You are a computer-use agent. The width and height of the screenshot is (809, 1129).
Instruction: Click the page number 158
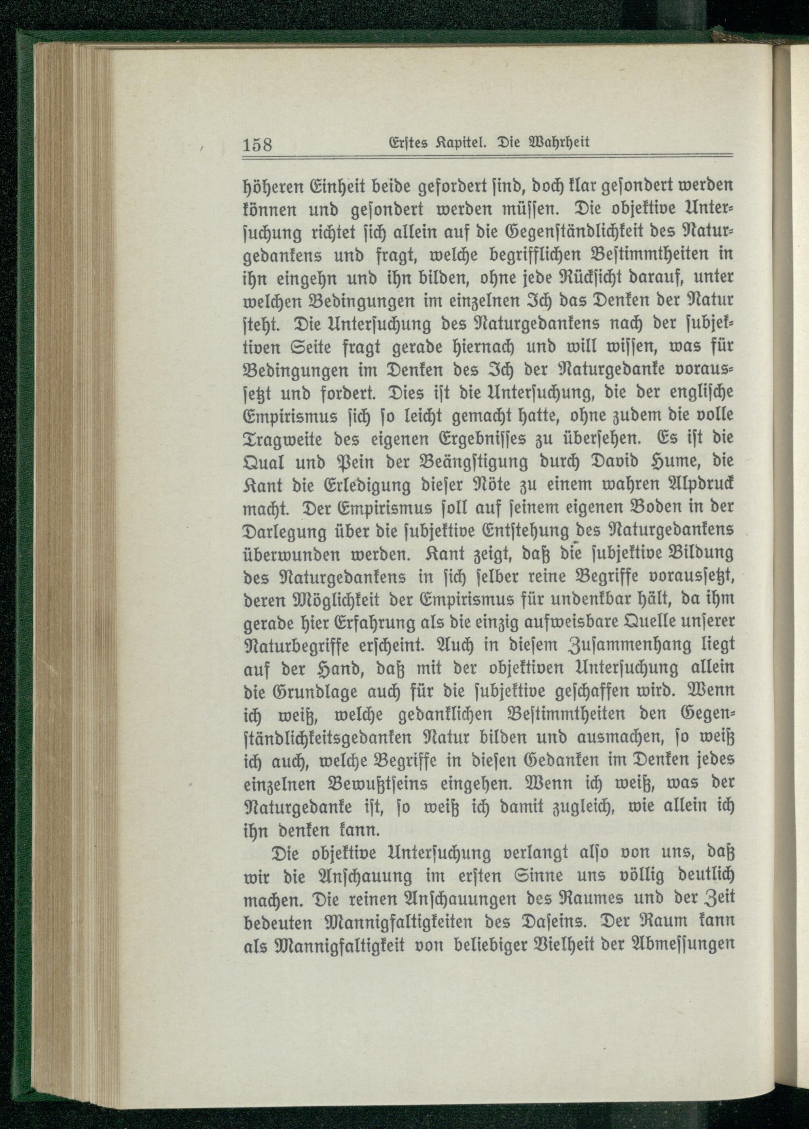pyautogui.click(x=257, y=145)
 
